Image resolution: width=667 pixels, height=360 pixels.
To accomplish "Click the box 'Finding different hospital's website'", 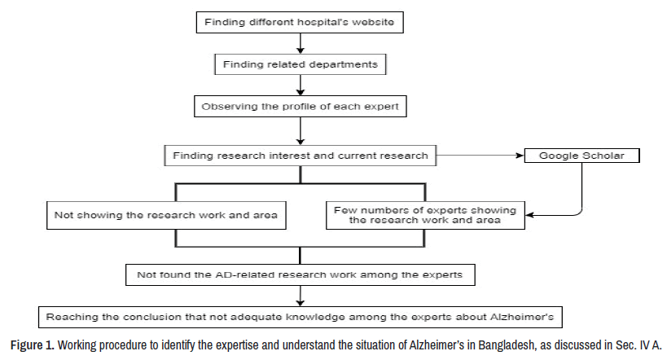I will pyautogui.click(x=301, y=22).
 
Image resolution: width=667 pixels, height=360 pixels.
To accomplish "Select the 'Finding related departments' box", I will pyautogui.click(x=301, y=63).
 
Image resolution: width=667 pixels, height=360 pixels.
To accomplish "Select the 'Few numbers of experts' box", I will pyautogui.click(x=423, y=215).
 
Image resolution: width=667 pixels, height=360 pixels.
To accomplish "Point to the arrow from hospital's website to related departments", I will pyautogui.click(x=301, y=43).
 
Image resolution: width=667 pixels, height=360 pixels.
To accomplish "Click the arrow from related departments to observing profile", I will pyautogui.click(x=301, y=84).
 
